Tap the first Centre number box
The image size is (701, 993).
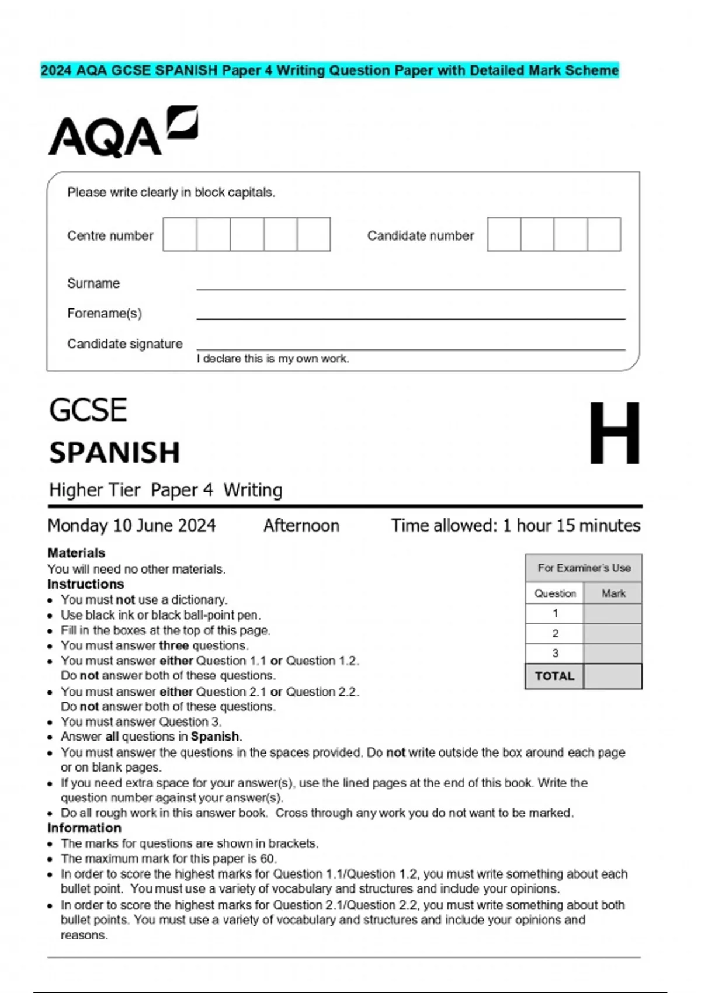(180, 234)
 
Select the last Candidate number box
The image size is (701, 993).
(604, 234)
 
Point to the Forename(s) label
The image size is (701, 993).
(105, 313)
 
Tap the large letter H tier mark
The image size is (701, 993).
(614, 433)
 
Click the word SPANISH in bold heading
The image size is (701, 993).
(114, 452)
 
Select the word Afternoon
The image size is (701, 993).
(301, 526)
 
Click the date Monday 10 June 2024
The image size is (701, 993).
(131, 526)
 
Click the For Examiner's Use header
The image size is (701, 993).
(584, 568)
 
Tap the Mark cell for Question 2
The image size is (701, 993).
(612, 633)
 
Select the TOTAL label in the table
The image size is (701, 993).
(554, 676)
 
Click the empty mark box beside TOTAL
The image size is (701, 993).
(612, 676)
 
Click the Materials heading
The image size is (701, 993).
(77, 553)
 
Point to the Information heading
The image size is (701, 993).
(84, 828)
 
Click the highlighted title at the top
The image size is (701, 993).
(329, 71)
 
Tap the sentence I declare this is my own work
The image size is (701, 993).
(273, 359)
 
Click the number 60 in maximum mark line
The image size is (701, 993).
(268, 859)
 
